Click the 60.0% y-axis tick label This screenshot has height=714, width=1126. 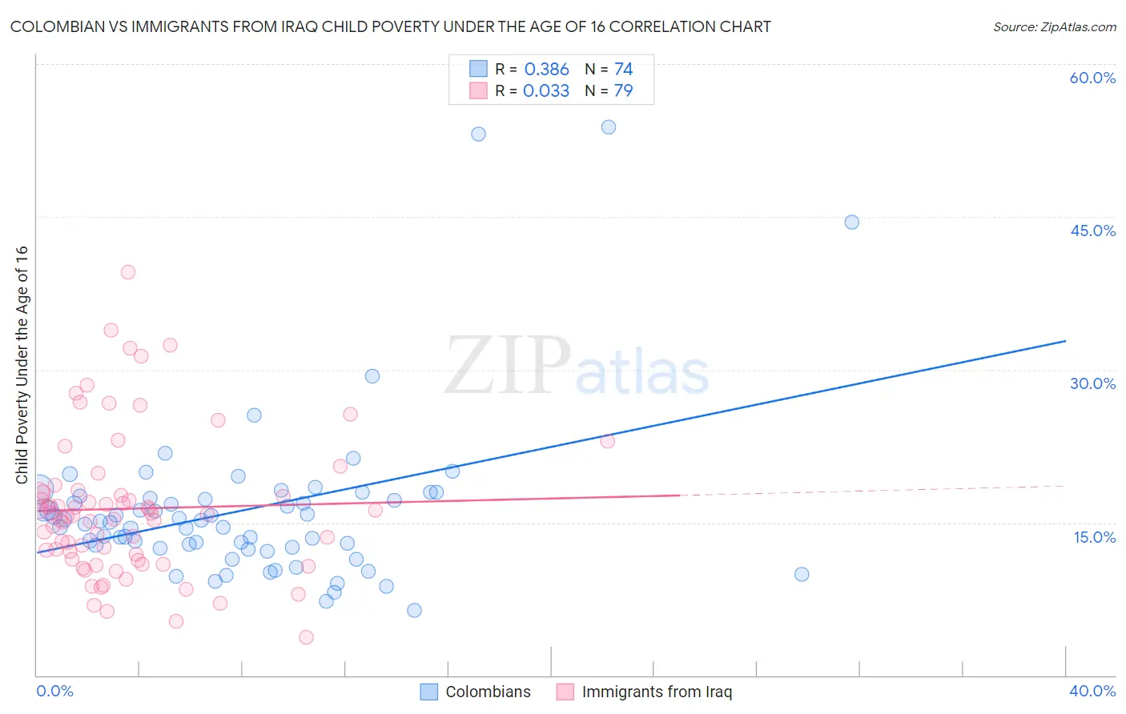1092,78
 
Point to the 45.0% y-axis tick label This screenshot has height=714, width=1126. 1092,231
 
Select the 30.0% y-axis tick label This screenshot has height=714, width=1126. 1092,383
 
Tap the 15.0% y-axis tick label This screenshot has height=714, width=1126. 1094,536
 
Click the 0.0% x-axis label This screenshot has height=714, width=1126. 54,691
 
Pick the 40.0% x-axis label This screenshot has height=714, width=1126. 1092,691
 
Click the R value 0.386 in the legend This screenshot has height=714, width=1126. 546,70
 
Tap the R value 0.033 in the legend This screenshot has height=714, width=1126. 546,91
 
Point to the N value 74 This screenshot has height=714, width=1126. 623,70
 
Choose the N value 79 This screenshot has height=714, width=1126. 623,91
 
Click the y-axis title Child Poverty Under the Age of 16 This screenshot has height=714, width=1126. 22,365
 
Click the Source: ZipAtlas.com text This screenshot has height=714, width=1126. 1054,27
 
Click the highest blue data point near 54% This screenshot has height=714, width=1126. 609,127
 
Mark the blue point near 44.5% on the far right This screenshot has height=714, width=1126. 852,222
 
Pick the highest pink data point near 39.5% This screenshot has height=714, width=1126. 128,272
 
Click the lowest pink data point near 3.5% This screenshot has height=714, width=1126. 306,637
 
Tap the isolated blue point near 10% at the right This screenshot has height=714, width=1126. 802,574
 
